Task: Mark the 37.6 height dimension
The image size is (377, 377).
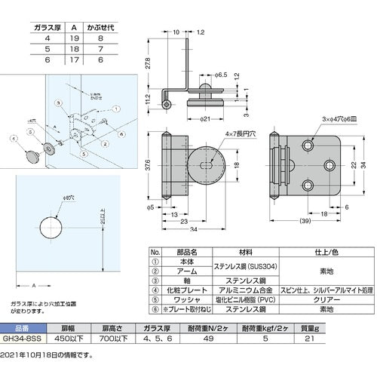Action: coord(150,170)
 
